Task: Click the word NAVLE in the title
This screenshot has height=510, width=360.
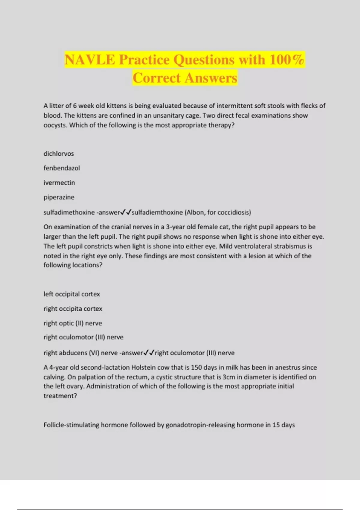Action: pos(89,60)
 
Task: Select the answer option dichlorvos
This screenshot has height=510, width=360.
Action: pos(59,154)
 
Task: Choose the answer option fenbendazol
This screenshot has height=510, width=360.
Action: pos(62,168)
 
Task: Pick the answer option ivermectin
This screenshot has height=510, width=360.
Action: pos(59,183)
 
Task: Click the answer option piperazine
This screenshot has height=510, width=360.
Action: pos(59,197)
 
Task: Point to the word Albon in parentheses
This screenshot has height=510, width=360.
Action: pos(196,212)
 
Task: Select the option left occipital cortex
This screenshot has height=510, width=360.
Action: pos(72,294)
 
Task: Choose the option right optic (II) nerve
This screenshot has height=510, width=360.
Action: pos(73,323)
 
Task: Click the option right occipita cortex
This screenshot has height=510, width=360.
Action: pos(73,309)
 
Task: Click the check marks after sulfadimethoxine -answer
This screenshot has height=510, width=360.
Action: pos(126,212)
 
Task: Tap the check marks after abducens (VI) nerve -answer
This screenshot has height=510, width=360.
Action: pos(149,353)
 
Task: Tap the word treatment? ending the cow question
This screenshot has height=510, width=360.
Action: pos(60,396)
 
